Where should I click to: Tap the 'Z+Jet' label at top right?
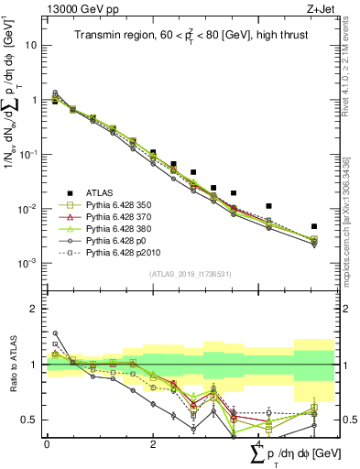316,9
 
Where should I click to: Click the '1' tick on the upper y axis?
36,100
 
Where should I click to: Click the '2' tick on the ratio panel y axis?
36,309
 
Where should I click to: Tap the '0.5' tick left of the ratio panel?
32,420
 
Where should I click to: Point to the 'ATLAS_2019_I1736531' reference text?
189,273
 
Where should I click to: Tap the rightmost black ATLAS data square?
314,226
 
